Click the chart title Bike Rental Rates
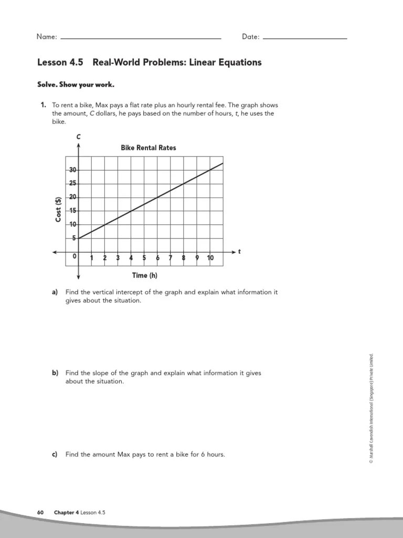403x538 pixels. click(149, 148)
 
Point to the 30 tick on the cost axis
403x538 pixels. click(72, 170)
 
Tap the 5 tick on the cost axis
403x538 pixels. click(74, 238)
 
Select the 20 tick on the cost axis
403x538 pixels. click(72, 197)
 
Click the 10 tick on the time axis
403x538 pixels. click(210, 258)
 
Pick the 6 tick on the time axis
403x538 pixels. click(157, 258)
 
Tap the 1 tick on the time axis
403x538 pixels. click(92, 258)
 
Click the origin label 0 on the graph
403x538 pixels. click(75, 256)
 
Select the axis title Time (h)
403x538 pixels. click(145, 275)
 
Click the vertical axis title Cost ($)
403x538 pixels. click(59, 209)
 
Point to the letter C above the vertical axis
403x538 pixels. click(78, 137)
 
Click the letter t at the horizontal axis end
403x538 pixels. click(239, 252)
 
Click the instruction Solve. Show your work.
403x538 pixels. click(76, 85)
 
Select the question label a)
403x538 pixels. click(55, 292)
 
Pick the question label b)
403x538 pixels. click(55, 373)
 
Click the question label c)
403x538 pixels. click(55, 454)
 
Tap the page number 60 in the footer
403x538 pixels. click(40, 512)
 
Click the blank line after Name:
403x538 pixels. click(141, 38)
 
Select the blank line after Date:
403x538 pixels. click(304, 38)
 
